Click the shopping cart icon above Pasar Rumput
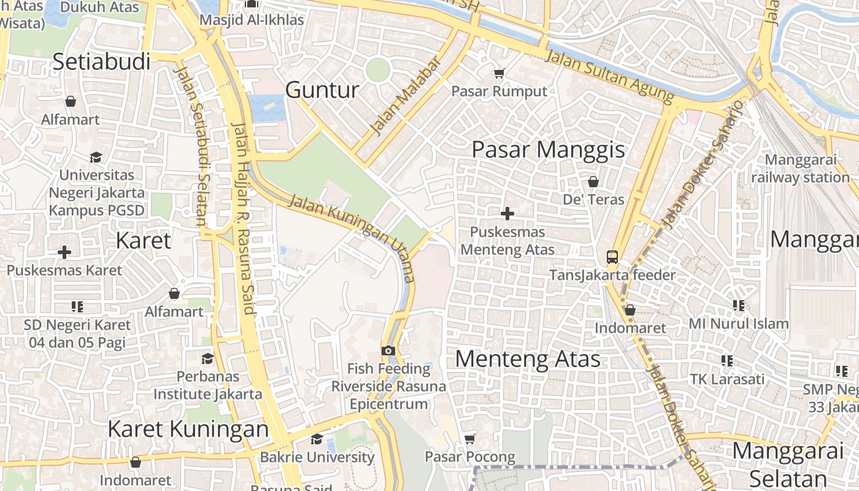point(499,73)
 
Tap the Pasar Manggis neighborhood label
point(548,150)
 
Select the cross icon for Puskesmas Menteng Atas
point(507,214)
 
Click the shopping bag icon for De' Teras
point(593,182)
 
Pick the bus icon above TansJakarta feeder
point(612,257)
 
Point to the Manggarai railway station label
point(800,169)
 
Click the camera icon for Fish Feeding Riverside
point(388,350)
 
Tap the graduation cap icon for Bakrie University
point(317,439)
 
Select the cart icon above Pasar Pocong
point(470,439)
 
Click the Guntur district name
point(322,90)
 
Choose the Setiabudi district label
point(101,61)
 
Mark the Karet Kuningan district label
point(188,429)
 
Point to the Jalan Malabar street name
point(406,96)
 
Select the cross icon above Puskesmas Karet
point(64,252)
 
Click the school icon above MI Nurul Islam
point(739,305)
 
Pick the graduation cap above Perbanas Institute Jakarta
point(208,358)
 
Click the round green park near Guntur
point(378,70)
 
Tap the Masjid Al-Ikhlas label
point(252,20)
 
